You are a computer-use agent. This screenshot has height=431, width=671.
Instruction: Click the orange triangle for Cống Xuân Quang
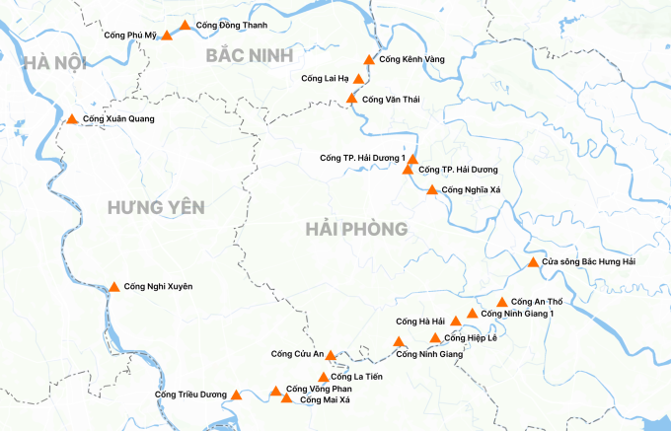[x=72, y=119]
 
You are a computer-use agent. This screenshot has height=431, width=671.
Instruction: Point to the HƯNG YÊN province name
[x=156, y=207]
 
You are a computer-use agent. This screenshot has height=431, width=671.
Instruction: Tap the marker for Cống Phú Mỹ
[x=167, y=36]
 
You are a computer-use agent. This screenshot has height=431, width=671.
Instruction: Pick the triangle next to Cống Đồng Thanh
[x=185, y=25]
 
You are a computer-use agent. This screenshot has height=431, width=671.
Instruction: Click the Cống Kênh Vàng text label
[x=411, y=59]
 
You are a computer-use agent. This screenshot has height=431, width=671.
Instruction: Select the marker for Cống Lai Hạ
[x=359, y=79]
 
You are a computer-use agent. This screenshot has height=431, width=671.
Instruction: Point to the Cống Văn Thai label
[x=391, y=100]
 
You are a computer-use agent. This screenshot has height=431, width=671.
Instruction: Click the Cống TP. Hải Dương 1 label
[x=363, y=158]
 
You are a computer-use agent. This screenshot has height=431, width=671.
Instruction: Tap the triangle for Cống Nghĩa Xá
[x=431, y=189]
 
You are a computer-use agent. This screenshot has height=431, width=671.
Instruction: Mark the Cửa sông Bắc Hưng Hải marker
[x=533, y=262]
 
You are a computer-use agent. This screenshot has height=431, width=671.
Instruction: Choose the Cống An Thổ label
[x=537, y=301]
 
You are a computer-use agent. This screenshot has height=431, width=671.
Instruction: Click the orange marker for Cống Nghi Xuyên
[x=113, y=287]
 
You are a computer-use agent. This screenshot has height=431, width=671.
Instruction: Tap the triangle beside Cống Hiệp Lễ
[x=435, y=338]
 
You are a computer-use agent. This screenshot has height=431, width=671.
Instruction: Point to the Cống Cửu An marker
[x=332, y=355]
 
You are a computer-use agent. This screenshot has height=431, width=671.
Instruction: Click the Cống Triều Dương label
[x=190, y=395]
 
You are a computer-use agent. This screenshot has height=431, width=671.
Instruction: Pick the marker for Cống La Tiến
[x=324, y=377]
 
